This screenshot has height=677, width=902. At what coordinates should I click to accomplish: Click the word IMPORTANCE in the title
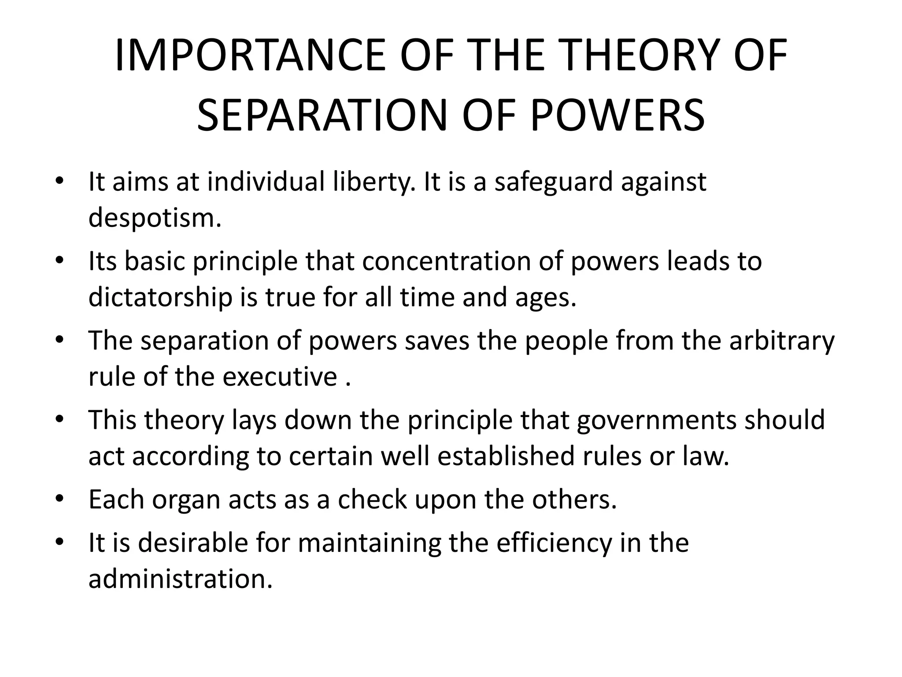point(250,56)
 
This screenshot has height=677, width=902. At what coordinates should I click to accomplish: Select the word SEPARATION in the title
point(321,116)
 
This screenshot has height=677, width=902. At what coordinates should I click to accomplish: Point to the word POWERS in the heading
point(617,116)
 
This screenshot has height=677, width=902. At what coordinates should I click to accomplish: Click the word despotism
point(154,218)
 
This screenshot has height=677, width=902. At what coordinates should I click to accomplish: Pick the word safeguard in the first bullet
point(554,182)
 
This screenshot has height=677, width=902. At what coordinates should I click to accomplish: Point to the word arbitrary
point(781,341)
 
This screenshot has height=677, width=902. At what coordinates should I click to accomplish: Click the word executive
point(279,377)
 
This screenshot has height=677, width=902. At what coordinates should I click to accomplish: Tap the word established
point(506,456)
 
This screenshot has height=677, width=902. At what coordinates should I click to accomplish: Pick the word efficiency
point(554,543)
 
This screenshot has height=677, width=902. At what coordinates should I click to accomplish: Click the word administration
point(181,579)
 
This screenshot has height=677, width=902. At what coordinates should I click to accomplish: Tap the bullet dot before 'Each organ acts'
point(59,499)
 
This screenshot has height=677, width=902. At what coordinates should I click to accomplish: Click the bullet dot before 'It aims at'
point(59,182)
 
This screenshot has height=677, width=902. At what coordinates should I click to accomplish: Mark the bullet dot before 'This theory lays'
point(59,420)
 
